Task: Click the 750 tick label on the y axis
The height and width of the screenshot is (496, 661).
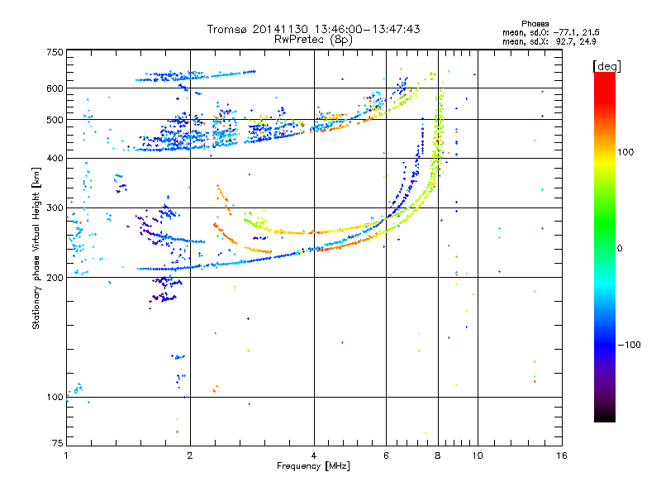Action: pyautogui.click(x=55, y=52)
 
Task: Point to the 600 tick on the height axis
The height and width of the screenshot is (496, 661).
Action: pyautogui.click(x=55, y=88)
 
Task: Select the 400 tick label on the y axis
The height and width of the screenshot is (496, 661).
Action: pyautogui.click(x=55, y=158)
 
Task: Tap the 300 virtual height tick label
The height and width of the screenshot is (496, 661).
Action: pyautogui.click(x=55, y=207)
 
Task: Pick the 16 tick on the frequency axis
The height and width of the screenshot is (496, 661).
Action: pyautogui.click(x=560, y=455)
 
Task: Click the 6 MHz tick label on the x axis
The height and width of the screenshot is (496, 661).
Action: pyautogui.click(x=386, y=455)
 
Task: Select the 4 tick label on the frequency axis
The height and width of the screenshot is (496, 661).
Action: pyautogui.click(x=314, y=455)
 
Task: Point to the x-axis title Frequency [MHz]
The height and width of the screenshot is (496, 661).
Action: pyautogui.click(x=313, y=466)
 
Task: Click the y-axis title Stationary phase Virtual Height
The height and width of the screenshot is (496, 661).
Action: pyautogui.click(x=36, y=248)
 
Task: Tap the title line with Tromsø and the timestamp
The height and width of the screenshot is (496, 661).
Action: pyautogui.click(x=314, y=29)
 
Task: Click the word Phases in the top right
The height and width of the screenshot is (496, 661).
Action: pyautogui.click(x=536, y=23)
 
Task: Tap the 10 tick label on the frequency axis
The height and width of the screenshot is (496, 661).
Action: pyautogui.click(x=477, y=455)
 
